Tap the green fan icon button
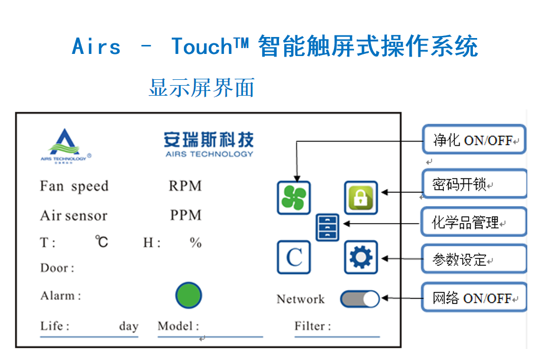(x=294, y=198)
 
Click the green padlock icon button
(x=361, y=198)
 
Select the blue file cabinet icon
(x=328, y=227)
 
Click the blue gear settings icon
(x=361, y=257)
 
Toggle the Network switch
(x=360, y=299)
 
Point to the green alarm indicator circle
(x=189, y=295)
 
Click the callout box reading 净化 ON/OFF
(x=473, y=140)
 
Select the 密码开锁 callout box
(x=473, y=184)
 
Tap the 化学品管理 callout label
(x=473, y=223)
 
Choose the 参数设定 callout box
(x=473, y=260)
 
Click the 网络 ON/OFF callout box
(x=473, y=298)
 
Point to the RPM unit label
(x=185, y=186)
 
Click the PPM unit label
(x=185, y=215)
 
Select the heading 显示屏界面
(x=201, y=88)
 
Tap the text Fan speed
(x=74, y=186)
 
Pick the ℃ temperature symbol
(x=101, y=242)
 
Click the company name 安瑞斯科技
(x=209, y=140)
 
